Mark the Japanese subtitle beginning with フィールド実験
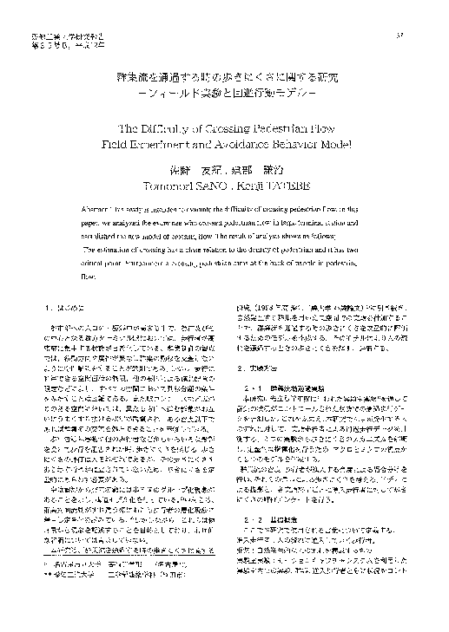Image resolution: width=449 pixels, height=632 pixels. (223, 94)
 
